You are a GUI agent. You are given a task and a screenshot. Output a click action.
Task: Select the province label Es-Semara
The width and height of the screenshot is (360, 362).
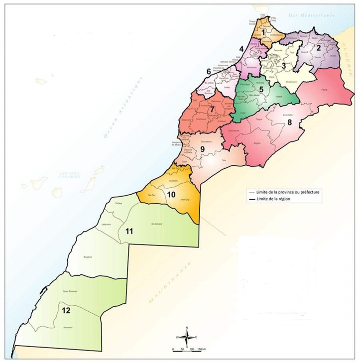click(x=156, y=225)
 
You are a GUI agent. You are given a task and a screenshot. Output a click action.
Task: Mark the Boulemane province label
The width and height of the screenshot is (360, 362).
click(x=292, y=81)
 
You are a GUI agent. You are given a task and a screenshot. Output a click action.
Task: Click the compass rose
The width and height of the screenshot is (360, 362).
click(x=186, y=337)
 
